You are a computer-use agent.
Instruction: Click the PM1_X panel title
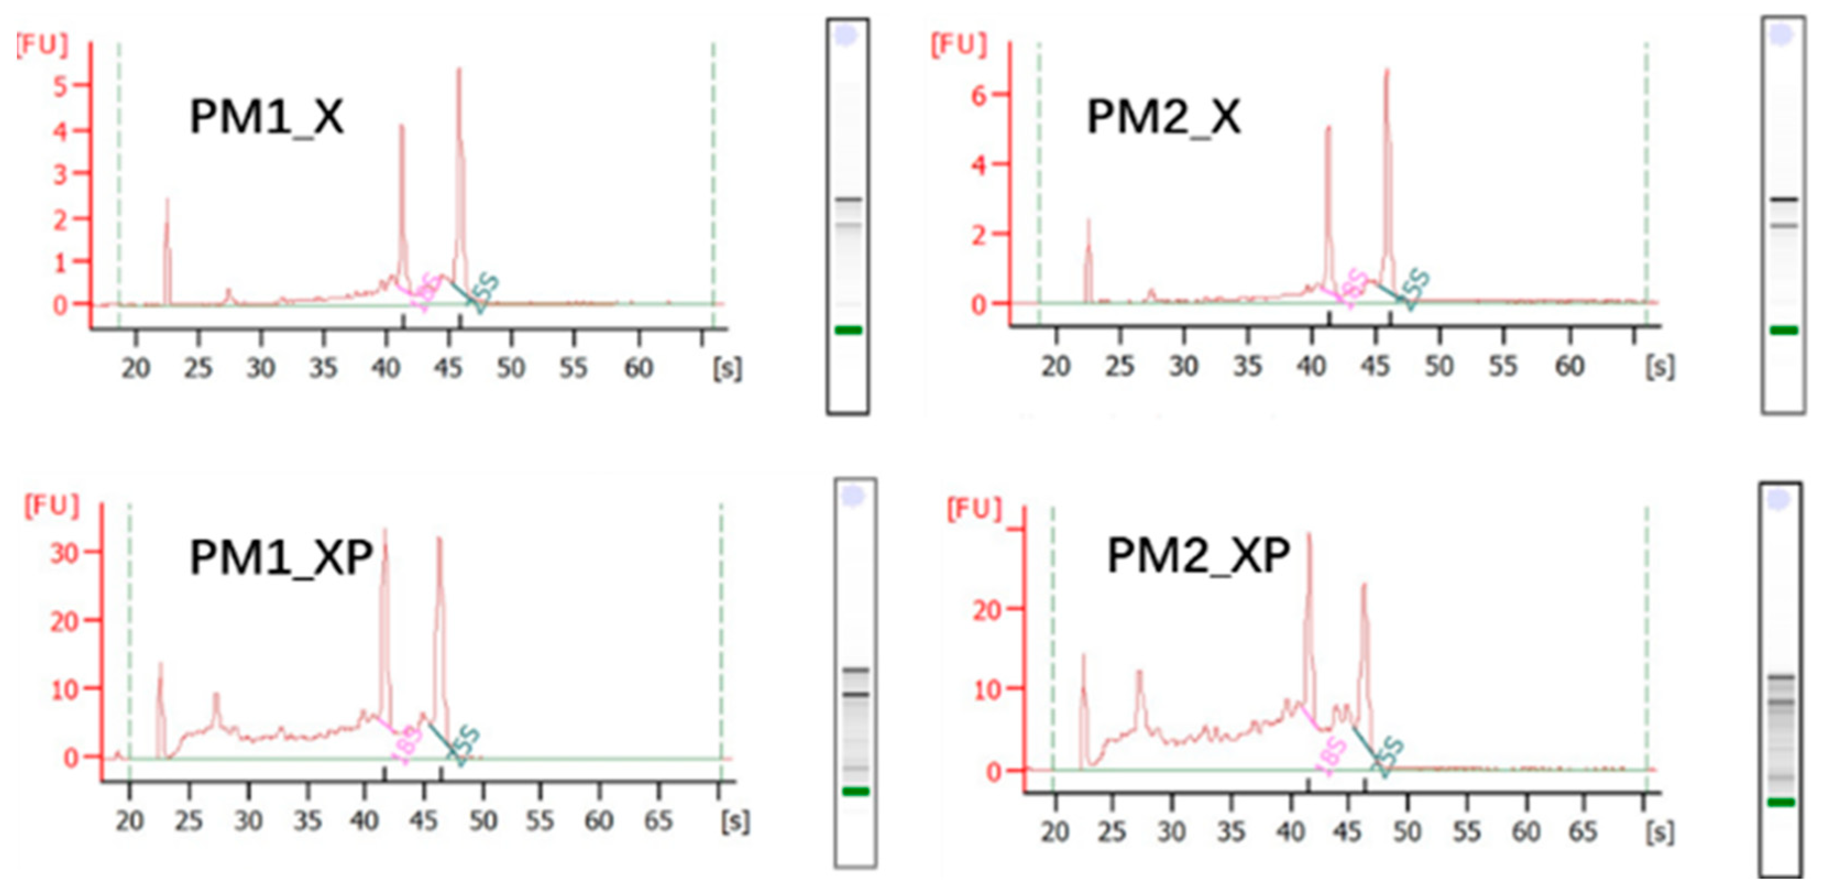266,117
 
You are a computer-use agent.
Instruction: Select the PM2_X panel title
1163,117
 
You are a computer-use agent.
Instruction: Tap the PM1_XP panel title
281,557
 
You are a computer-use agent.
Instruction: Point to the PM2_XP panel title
1198,555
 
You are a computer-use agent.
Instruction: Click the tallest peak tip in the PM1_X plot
459,69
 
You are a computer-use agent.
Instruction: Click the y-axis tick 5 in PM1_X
60,86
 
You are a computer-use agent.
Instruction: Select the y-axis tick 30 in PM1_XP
64,552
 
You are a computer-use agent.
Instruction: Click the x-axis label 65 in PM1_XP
658,821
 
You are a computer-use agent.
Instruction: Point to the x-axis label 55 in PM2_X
1502,367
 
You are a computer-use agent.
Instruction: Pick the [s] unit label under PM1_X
728,368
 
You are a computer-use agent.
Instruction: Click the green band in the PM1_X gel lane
848,330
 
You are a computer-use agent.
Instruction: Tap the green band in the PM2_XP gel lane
1781,802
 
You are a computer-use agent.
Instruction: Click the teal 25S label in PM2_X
1416,289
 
